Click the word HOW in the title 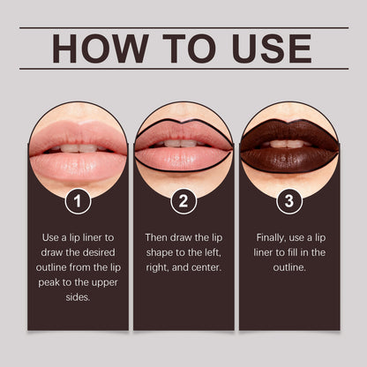pos(95,49)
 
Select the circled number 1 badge pos(78,201)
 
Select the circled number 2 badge pos(183,201)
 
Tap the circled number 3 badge pos(289,201)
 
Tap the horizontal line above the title pos(183,27)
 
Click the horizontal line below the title pos(183,69)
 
